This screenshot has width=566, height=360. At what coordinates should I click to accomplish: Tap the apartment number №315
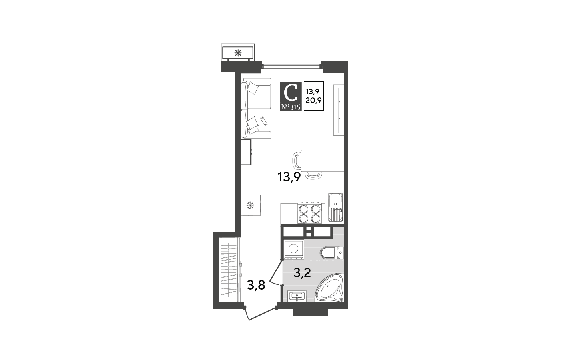coord(291,107)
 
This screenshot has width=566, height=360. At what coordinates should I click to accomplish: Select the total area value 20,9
coord(313,101)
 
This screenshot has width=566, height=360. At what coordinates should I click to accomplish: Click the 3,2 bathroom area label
coord(302,273)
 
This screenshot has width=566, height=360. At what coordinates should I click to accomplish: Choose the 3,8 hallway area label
coord(256,285)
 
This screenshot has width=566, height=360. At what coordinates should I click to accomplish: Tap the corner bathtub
coord(330,288)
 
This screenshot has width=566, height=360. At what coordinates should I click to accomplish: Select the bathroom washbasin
coord(297,296)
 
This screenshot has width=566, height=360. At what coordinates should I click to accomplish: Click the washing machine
coord(294,250)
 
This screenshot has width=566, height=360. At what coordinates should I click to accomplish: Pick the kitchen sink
coord(335,207)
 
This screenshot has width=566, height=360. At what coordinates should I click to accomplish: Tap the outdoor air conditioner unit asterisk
coord(238,53)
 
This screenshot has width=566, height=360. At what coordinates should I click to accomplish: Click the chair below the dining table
coord(313,175)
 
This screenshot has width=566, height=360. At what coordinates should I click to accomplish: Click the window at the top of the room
coord(291,67)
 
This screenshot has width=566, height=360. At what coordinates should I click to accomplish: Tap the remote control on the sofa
coord(263,121)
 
